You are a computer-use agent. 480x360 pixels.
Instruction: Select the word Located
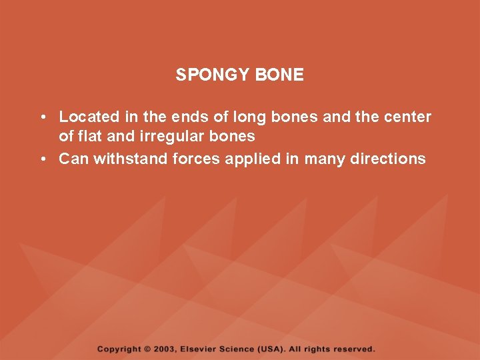click(89, 117)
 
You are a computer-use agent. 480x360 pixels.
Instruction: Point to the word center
click(408, 117)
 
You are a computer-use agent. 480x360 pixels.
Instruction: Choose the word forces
click(193, 159)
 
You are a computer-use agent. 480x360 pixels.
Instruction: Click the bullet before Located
click(42, 118)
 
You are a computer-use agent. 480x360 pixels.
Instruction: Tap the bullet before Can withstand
click(42, 159)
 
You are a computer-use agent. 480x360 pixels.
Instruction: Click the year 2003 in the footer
click(167, 349)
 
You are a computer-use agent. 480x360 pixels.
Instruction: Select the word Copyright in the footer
click(119, 349)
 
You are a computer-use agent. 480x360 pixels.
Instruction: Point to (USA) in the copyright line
click(273, 349)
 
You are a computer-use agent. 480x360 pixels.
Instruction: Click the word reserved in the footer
click(353, 349)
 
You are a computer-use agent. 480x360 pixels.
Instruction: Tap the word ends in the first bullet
click(189, 117)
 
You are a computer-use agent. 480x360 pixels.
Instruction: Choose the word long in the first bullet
click(248, 118)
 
